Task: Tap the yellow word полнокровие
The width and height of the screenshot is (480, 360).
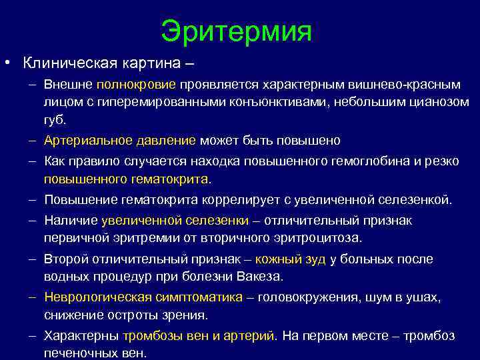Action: point(136,86)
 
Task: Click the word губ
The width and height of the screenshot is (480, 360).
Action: point(56,121)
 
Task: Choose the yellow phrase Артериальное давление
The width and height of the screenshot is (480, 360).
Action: point(120,141)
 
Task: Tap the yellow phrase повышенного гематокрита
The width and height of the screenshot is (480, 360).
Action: point(126,179)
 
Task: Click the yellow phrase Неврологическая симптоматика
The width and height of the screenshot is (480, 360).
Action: point(143,297)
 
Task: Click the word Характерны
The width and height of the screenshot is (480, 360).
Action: point(81,335)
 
